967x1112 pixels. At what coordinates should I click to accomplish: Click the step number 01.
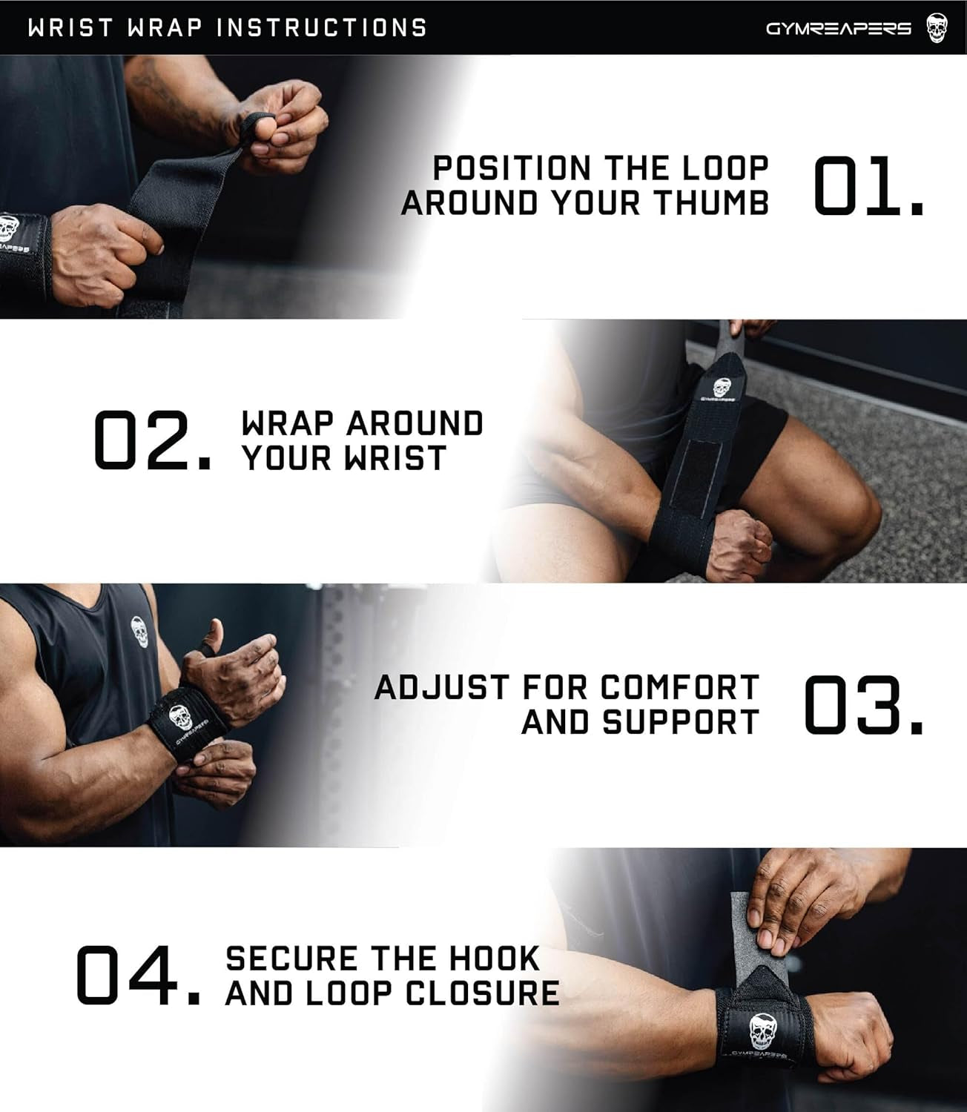[x=868, y=186]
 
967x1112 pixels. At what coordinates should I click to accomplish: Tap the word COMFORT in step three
[x=679, y=687]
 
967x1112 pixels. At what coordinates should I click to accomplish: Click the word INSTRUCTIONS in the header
[x=322, y=28]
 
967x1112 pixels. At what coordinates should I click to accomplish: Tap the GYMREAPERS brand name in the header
[x=838, y=29]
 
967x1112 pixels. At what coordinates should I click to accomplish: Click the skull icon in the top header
[x=937, y=28]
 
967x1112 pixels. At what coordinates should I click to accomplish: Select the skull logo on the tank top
[x=139, y=631]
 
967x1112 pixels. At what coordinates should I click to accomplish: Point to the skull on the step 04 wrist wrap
[x=761, y=1030]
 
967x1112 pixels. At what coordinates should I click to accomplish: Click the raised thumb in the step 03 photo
[x=215, y=634]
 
